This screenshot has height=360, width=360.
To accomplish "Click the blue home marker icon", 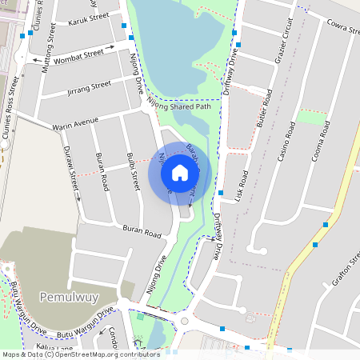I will [x=180, y=173].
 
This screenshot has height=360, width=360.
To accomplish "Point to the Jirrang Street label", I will [x=89, y=86].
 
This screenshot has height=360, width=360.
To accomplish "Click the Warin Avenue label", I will [x=75, y=123].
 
